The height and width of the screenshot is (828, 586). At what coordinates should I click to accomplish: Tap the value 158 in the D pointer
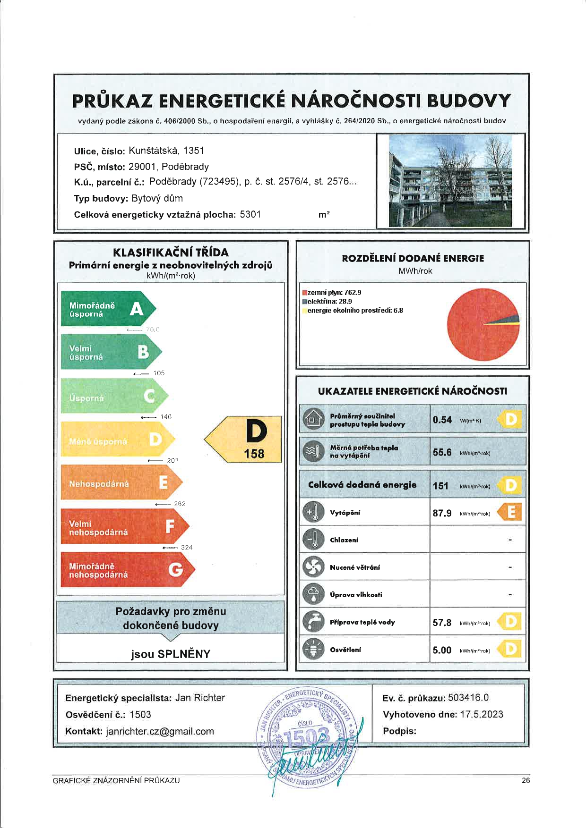[x=254, y=454]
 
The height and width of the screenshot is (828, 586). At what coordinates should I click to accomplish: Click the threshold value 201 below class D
[x=172, y=460]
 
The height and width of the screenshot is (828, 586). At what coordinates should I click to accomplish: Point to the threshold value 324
[x=187, y=548]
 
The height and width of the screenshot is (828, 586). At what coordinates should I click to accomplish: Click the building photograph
[x=450, y=181]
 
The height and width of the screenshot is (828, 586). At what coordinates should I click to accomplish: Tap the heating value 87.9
[x=442, y=513]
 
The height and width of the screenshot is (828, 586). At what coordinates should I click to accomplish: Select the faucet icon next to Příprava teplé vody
[x=312, y=622]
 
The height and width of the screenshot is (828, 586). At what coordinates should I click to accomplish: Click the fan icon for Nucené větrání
[x=312, y=567]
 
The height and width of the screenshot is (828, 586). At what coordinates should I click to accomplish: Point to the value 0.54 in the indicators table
[x=442, y=420]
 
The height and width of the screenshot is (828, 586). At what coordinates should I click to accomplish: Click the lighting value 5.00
[x=442, y=650]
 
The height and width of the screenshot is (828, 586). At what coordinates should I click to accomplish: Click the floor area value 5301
[x=250, y=214]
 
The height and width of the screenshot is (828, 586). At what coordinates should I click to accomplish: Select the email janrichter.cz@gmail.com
[x=160, y=731]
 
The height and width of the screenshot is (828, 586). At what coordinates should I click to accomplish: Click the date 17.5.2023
[x=482, y=714]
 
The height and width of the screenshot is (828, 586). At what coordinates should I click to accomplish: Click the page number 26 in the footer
[x=526, y=780]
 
